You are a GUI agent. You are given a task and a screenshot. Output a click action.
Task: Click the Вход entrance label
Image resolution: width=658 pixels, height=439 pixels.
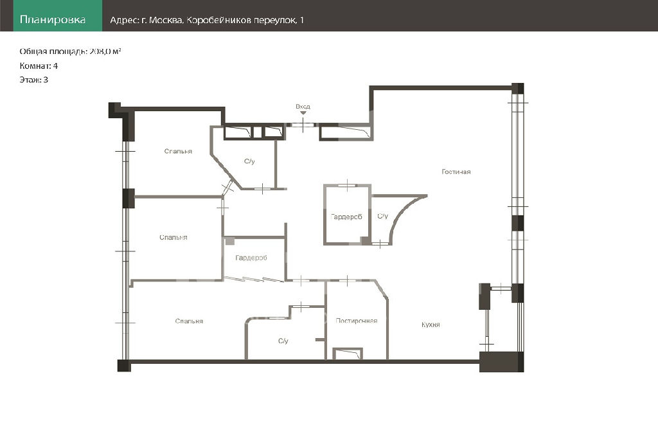coord(303,107)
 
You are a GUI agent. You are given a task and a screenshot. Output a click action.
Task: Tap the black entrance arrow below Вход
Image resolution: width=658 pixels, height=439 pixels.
coord(303,112)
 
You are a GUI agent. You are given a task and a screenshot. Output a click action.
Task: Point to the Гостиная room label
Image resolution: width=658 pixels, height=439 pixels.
coord(456,172)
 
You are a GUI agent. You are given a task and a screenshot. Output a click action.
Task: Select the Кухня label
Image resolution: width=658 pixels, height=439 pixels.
coord(431,325)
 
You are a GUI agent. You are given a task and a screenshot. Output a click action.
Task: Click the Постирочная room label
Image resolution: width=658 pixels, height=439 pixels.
coord(356,321)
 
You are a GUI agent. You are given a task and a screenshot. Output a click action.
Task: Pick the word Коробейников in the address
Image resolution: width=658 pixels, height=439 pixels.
coord(218,20)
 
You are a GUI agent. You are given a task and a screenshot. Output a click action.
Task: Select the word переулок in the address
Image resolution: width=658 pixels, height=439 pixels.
coord(276,20)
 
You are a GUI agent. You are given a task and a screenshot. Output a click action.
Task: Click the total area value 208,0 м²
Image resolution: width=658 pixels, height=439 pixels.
coord(105,51)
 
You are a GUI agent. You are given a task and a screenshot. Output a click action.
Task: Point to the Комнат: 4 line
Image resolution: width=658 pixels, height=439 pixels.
coord(39,66)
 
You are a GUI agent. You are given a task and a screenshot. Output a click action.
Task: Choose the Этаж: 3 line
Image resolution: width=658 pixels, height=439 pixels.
coord(33,80)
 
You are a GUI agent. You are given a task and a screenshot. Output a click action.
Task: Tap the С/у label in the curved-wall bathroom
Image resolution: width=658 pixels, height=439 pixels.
coord(382,216)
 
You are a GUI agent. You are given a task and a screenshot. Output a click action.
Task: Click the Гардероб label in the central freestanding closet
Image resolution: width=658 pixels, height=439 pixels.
coord(346,217)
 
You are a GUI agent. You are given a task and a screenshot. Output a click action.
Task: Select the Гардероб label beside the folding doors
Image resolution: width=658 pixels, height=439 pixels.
coord(251,258)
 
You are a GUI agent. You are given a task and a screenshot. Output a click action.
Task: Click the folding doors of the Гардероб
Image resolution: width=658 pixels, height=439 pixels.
coord(254,279)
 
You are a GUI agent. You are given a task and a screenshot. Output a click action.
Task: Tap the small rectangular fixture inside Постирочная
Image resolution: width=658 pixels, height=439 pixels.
coord(348,354)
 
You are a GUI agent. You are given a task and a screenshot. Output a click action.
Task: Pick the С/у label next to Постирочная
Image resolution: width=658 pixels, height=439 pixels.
coord(283,341)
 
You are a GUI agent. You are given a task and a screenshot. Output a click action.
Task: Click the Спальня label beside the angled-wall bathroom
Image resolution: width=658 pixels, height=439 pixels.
coord(178,151)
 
